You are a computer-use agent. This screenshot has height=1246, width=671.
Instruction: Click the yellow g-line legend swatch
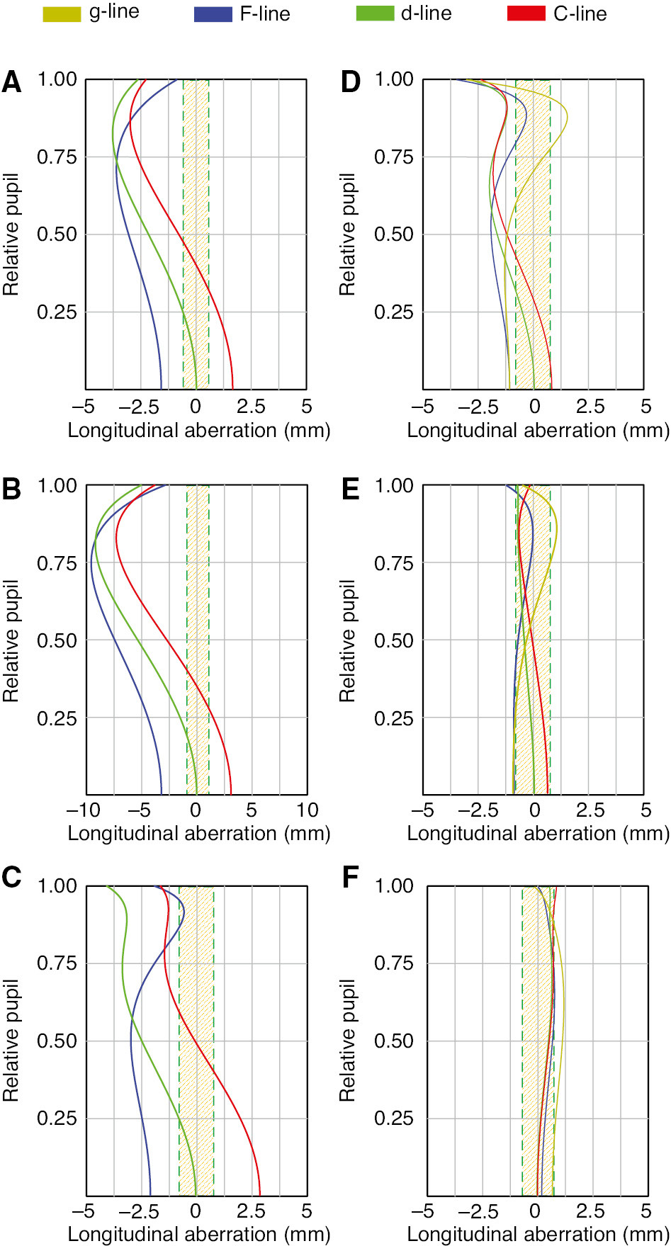[62, 14]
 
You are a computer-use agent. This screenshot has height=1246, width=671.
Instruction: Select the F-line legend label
[264, 14]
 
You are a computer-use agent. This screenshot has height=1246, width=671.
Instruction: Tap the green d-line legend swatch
[375, 14]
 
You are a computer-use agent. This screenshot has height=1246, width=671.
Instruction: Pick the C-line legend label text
[580, 14]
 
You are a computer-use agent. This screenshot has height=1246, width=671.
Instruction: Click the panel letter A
[11, 83]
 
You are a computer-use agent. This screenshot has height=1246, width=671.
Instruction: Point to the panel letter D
[350, 83]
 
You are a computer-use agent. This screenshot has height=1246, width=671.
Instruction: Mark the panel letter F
[350, 879]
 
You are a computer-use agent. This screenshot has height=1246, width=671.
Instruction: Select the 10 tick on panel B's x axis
[308, 810]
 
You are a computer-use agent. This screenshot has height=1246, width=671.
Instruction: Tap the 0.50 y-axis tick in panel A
[57, 234]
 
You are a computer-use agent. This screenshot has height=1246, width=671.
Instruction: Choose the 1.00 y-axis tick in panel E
[394, 486]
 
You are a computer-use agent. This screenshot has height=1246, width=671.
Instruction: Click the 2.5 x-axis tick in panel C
[251, 1211]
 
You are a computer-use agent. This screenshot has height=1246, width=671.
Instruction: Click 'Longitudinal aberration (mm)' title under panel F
[538, 1234]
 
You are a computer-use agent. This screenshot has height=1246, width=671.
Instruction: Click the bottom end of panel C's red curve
[260, 1194]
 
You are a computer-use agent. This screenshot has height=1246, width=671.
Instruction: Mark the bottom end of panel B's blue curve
[162, 793]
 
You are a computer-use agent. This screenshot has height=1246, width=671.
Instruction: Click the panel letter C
[11, 879]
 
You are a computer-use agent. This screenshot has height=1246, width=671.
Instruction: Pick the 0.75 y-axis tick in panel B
[57, 563]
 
